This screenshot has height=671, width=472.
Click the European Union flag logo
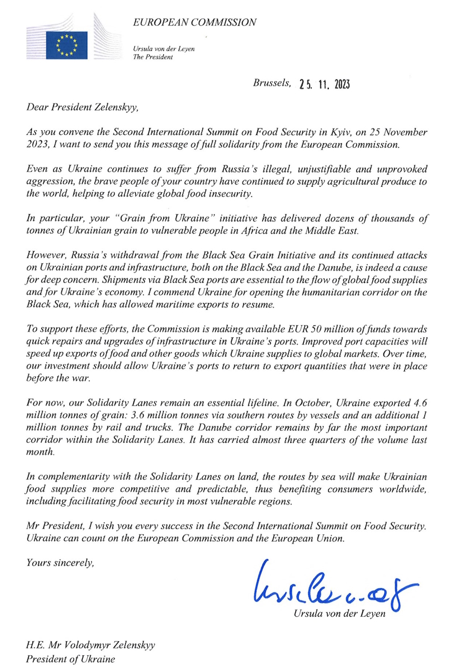(x=67, y=45)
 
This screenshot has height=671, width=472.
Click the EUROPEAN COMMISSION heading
(x=195, y=22)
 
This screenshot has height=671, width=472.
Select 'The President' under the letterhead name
(x=153, y=57)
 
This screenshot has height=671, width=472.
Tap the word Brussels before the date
(x=272, y=83)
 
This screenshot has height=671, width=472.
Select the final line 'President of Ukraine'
(x=70, y=659)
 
